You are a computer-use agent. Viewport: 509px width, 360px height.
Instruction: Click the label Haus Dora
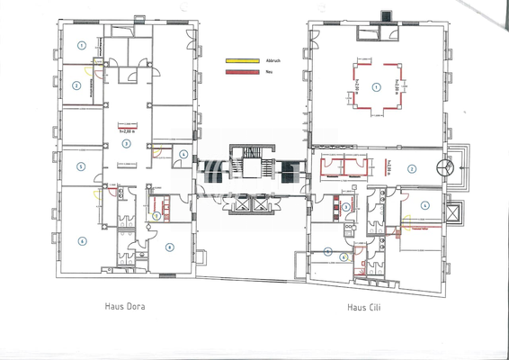(x=125, y=306)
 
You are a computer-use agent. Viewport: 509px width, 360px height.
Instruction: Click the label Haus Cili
(x=366, y=306)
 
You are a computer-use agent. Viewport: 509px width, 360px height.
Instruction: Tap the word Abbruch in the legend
(x=272, y=60)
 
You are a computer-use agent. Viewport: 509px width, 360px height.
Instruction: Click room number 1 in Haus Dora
(x=81, y=44)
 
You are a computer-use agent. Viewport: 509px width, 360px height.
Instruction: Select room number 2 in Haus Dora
(x=77, y=85)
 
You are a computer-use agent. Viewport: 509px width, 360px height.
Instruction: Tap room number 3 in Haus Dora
(x=126, y=143)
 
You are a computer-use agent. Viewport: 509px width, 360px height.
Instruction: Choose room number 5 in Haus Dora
(x=81, y=166)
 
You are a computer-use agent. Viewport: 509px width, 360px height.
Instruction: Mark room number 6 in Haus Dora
(x=81, y=240)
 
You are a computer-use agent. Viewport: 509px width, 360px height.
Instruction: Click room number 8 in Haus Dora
(x=168, y=248)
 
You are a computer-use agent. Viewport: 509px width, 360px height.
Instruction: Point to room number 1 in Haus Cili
(x=377, y=87)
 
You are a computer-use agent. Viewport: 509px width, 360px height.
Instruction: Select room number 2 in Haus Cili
(x=410, y=167)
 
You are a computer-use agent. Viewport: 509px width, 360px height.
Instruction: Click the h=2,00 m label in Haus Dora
(x=127, y=131)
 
